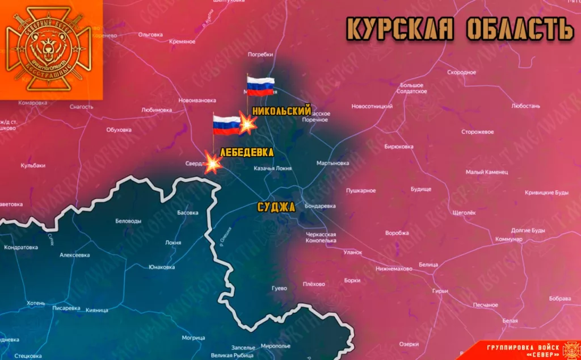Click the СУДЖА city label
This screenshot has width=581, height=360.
coord(276,207)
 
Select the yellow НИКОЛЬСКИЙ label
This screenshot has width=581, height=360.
coord(281,111)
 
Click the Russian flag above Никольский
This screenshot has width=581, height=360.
coord(260,87)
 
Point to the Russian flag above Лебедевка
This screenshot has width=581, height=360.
coord(226,124)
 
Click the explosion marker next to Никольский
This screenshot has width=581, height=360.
coord(247,125)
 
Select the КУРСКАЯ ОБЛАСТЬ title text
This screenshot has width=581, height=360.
coord(460,28)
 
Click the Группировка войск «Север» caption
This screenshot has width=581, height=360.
coord(522,350)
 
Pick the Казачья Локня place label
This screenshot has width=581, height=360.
coord(272,169)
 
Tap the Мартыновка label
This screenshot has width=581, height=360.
coord(332,163)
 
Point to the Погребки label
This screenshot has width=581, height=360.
coord(261,55)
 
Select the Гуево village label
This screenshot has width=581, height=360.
coord(279,288)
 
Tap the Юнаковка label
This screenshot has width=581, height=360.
coord(161,267)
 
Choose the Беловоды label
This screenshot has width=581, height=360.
coord(128,221)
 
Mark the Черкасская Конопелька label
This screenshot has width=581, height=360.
coord(321,237)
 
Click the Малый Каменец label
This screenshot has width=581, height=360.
coord(486,171)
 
